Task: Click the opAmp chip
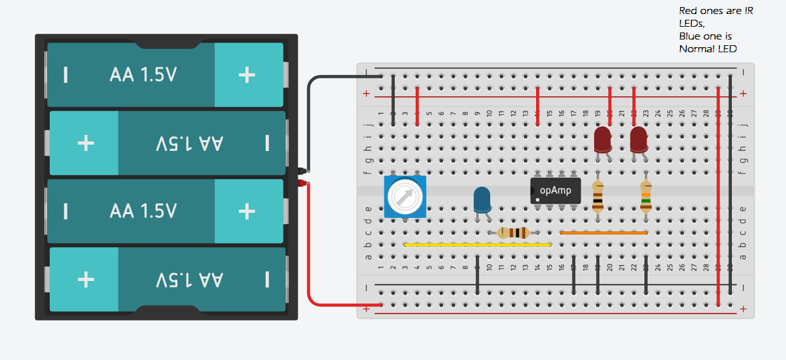pyautogui.click(x=555, y=191)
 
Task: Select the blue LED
pyautogui.click(x=482, y=199)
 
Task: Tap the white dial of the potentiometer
pyautogui.click(x=404, y=198)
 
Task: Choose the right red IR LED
pyautogui.click(x=639, y=139)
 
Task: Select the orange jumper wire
pyautogui.click(x=603, y=233)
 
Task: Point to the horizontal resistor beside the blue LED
pyautogui.click(x=513, y=233)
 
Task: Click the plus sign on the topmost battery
pyautogui.click(x=247, y=75)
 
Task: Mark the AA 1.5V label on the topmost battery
pyautogui.click(x=143, y=75)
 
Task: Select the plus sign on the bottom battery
pyautogui.click(x=86, y=279)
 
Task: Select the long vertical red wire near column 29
pyautogui.click(x=718, y=191)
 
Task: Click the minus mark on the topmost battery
pyautogui.click(x=66, y=75)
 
